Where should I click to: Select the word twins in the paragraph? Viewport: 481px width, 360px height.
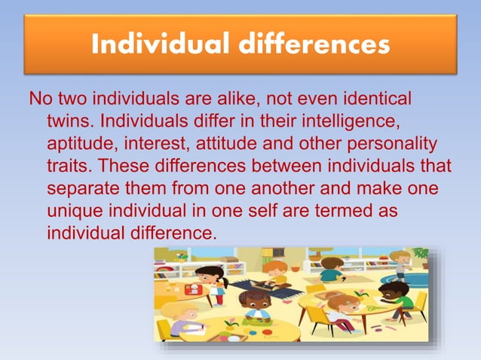click(x=69, y=121)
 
